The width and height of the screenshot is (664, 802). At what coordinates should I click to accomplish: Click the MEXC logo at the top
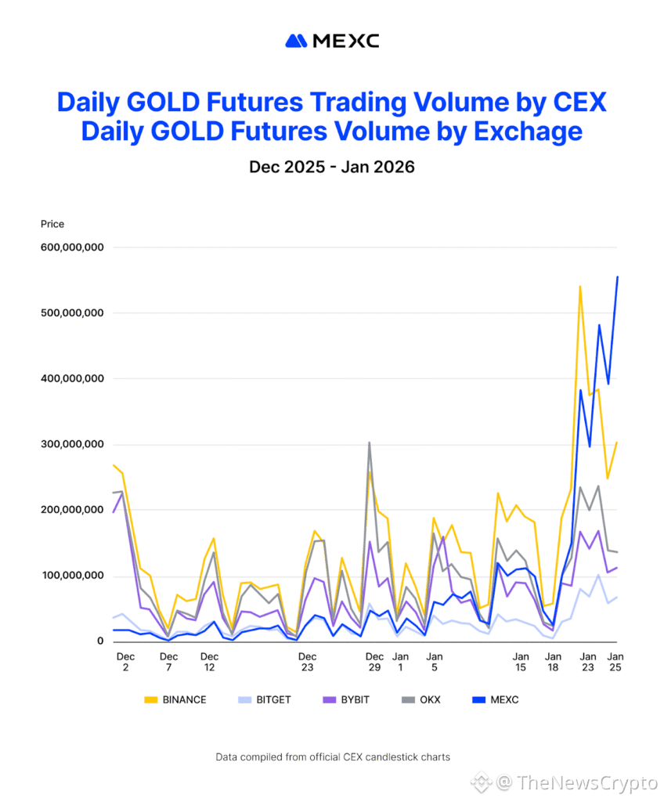(332, 41)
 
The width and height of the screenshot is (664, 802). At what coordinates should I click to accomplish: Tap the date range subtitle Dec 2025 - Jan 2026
(332, 167)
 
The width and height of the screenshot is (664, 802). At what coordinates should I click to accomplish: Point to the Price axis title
(52, 224)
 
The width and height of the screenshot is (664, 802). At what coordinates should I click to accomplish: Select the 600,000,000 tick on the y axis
(72, 247)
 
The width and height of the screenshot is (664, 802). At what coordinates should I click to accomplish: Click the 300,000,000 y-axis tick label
(72, 445)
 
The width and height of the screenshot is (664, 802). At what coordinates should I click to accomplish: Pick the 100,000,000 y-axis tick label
(72, 576)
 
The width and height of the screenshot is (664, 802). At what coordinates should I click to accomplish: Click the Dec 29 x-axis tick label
(375, 663)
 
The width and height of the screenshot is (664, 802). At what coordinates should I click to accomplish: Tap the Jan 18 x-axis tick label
(553, 663)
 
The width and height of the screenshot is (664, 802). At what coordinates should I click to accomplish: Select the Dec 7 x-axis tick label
(168, 663)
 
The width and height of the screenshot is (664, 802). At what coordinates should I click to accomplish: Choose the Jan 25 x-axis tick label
(616, 663)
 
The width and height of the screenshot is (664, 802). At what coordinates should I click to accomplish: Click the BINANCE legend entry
(175, 699)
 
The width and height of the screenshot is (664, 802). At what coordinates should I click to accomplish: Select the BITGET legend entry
(264, 699)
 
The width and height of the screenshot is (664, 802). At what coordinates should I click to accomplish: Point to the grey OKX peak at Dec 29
(369, 443)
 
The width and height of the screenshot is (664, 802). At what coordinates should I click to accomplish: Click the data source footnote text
(332, 757)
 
